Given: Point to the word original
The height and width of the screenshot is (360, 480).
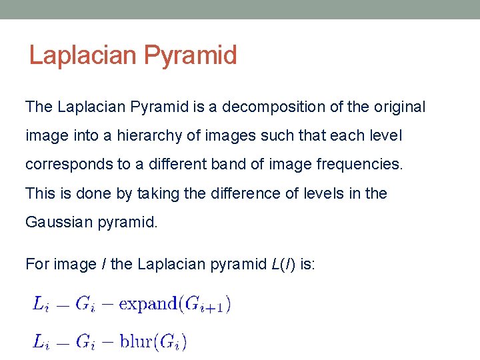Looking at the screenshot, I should pos(398,107).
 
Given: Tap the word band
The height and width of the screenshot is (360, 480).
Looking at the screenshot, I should pos(245,165).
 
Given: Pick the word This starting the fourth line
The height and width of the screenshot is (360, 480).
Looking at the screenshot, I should pos(41,194).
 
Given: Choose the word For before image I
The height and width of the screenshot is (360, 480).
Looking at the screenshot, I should pos(39,265).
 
